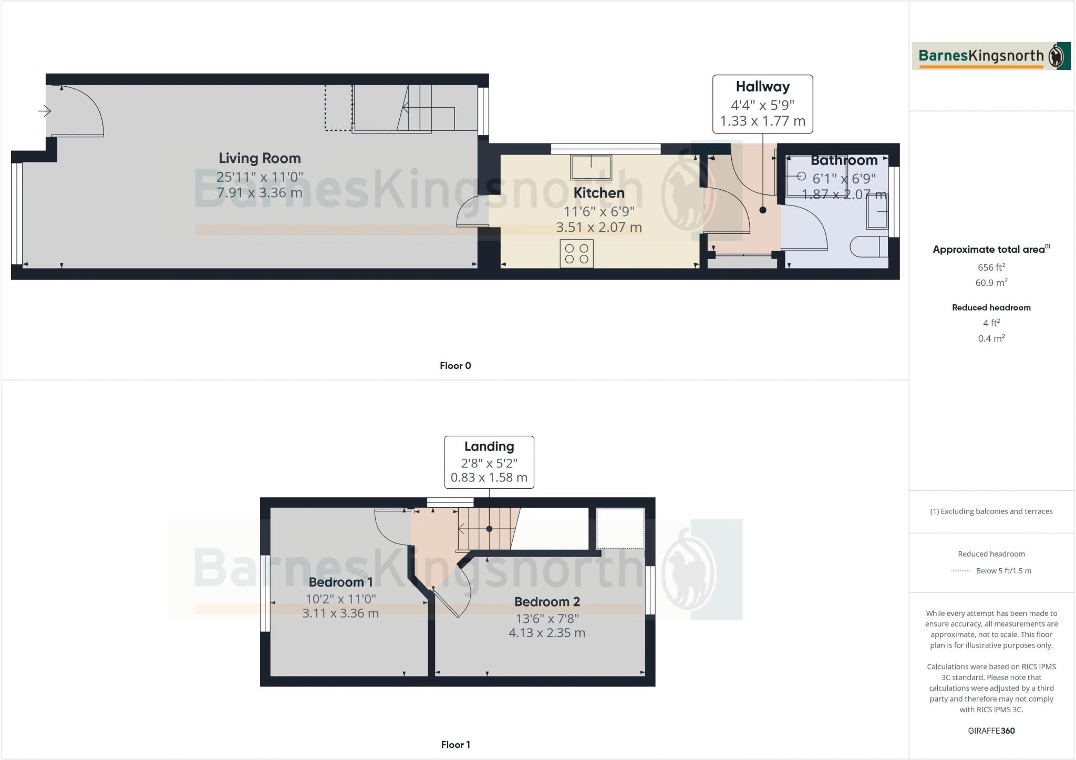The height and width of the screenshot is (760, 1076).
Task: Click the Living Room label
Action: click(260, 158)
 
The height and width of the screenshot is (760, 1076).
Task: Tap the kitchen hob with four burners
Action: click(576, 253)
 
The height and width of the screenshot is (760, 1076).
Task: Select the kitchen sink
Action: click(591, 167)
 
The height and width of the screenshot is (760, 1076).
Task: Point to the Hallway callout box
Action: click(762, 104)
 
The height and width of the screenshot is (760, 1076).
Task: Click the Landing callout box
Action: click(489, 462)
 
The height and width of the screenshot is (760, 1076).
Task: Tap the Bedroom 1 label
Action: click(340, 582)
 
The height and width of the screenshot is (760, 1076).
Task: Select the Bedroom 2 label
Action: click(546, 602)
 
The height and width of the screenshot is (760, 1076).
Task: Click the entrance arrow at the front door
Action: click(45, 111)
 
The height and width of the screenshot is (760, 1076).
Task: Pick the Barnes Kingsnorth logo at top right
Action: click(991, 56)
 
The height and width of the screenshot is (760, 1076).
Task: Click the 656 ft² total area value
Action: click(991, 267)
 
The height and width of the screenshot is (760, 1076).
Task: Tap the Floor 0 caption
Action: click(455, 366)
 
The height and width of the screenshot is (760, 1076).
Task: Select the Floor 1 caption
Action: click(455, 745)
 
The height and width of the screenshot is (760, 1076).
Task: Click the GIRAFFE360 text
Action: click(991, 731)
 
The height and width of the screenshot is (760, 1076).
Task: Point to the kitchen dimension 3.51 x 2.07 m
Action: click(598, 228)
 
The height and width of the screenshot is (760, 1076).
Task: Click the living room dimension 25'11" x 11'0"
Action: click(260, 176)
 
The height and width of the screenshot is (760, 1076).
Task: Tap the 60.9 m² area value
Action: click(991, 283)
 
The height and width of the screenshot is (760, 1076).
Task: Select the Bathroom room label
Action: click(844, 160)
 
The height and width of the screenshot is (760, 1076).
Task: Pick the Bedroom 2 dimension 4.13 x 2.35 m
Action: click(546, 633)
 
